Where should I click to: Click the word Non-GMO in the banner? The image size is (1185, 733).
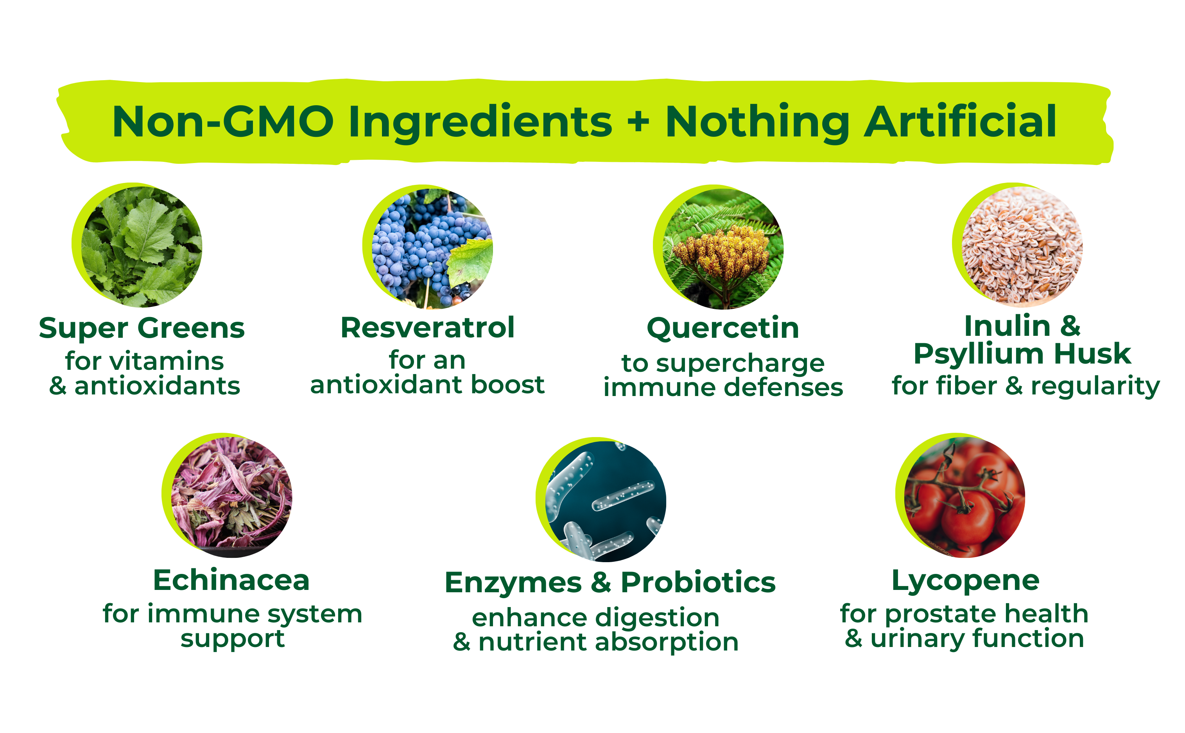[x=223, y=121]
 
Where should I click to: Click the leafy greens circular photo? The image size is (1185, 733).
[x=141, y=247]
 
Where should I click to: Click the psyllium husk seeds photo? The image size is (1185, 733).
[x=1022, y=247]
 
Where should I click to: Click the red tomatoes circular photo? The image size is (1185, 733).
[x=964, y=497]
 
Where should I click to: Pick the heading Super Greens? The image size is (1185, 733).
[x=142, y=329]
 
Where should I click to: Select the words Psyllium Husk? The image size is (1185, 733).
[x=1022, y=354]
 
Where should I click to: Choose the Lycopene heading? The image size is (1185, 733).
[x=965, y=581]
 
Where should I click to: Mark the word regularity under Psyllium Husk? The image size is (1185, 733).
[x=1095, y=387]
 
